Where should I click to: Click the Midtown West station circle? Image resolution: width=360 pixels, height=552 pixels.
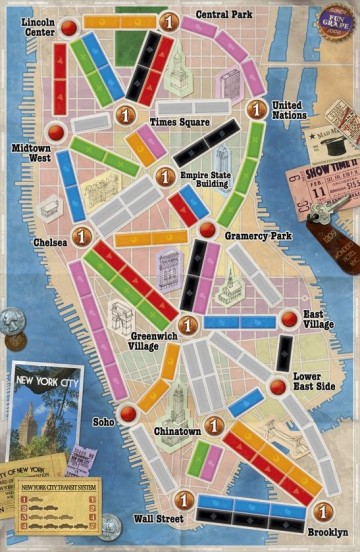point(56,131)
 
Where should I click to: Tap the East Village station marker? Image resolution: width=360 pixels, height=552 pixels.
point(289,319)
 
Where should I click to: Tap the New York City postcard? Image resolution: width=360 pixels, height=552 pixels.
point(46,410)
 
